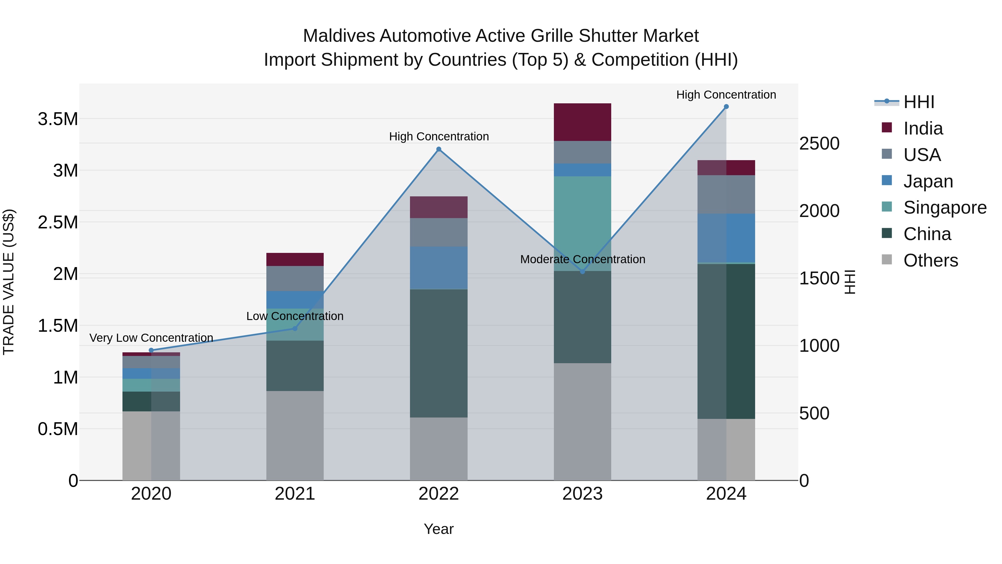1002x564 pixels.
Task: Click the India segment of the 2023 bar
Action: (x=582, y=122)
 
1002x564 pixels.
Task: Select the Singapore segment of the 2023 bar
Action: (x=582, y=223)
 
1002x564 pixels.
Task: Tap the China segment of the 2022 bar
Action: (x=438, y=353)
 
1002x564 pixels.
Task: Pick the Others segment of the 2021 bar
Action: (x=295, y=435)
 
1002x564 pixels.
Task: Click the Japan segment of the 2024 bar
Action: (x=726, y=238)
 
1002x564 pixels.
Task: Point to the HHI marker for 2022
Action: (x=438, y=149)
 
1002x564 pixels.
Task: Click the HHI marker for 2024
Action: (x=726, y=107)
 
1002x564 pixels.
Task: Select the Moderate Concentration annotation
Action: (x=582, y=259)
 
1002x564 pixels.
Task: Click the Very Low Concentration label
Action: (x=151, y=338)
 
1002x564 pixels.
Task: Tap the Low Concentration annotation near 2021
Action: (x=295, y=316)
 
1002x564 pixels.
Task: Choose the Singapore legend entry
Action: (x=944, y=207)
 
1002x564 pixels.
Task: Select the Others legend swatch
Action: (x=886, y=259)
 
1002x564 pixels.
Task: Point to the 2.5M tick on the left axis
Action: (x=58, y=222)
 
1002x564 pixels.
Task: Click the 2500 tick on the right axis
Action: (x=819, y=144)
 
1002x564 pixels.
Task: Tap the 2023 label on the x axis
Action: (x=582, y=494)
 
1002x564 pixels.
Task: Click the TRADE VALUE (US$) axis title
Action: (x=9, y=282)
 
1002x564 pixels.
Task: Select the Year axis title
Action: (x=438, y=529)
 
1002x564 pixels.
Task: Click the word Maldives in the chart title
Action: (x=338, y=36)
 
